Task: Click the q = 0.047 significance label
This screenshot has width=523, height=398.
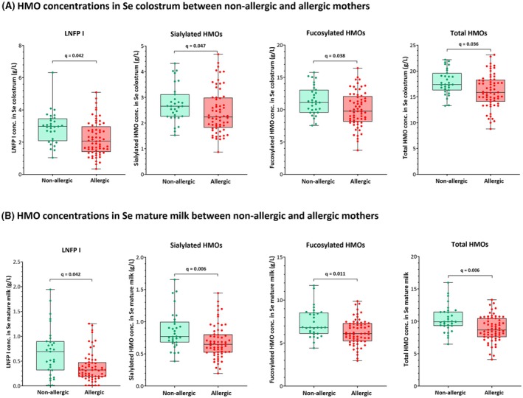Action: (x=196, y=46)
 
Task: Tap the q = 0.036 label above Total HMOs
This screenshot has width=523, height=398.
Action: (x=468, y=44)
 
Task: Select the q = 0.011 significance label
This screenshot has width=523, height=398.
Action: (x=336, y=274)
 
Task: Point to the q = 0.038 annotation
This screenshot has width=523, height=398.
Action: (x=335, y=56)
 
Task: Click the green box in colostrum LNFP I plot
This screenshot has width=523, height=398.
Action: (x=52, y=130)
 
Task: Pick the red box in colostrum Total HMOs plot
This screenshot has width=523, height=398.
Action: (x=491, y=91)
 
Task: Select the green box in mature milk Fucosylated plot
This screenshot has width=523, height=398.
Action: (x=314, y=323)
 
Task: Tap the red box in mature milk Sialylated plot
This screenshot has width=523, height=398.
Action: (x=218, y=343)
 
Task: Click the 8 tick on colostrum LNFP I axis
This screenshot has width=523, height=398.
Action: (x=20, y=46)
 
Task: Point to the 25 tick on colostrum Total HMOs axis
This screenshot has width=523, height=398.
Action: (x=406, y=46)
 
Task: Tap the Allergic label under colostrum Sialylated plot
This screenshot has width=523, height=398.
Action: (x=221, y=181)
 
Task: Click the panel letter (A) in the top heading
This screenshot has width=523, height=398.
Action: (x=7, y=7)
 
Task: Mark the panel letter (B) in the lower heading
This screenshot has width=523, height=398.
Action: (x=7, y=216)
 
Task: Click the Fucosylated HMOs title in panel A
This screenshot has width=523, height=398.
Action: (x=336, y=33)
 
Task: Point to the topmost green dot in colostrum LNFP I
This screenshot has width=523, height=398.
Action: (x=52, y=72)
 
